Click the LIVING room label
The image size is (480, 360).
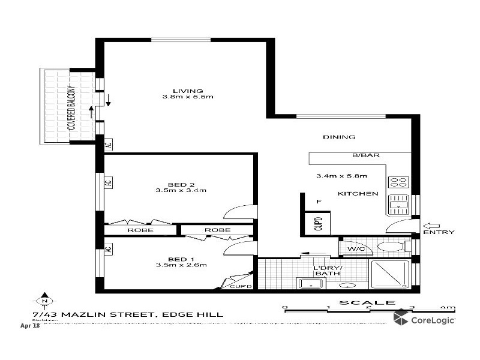tap(183, 91)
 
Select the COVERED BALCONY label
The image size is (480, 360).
tap(71, 108)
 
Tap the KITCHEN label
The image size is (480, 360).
tap(358, 194)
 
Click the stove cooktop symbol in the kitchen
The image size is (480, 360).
tap(398, 182)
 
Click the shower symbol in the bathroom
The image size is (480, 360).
tap(390, 275)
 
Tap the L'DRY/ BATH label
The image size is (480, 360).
tap(328, 271)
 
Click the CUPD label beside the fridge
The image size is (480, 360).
tap(319, 224)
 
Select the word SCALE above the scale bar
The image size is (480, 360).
tap(359, 303)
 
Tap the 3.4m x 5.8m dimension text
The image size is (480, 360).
tap(341, 176)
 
